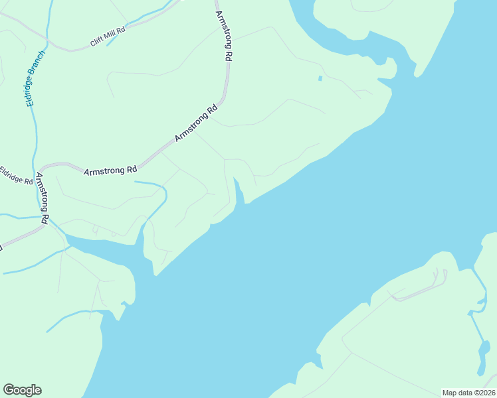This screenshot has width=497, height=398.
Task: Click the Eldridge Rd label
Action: [16, 176]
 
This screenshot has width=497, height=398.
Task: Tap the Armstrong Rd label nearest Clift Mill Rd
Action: [224, 37]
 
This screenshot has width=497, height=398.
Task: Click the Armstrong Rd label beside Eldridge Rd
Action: [43, 198]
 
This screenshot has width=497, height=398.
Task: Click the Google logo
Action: [22, 390]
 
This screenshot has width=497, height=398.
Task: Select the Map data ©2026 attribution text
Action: [468, 393]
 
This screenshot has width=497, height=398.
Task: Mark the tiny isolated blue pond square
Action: [320, 78]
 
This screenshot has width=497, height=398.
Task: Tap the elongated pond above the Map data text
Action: [481, 359]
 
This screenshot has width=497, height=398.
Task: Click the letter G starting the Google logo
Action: [9, 390]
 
